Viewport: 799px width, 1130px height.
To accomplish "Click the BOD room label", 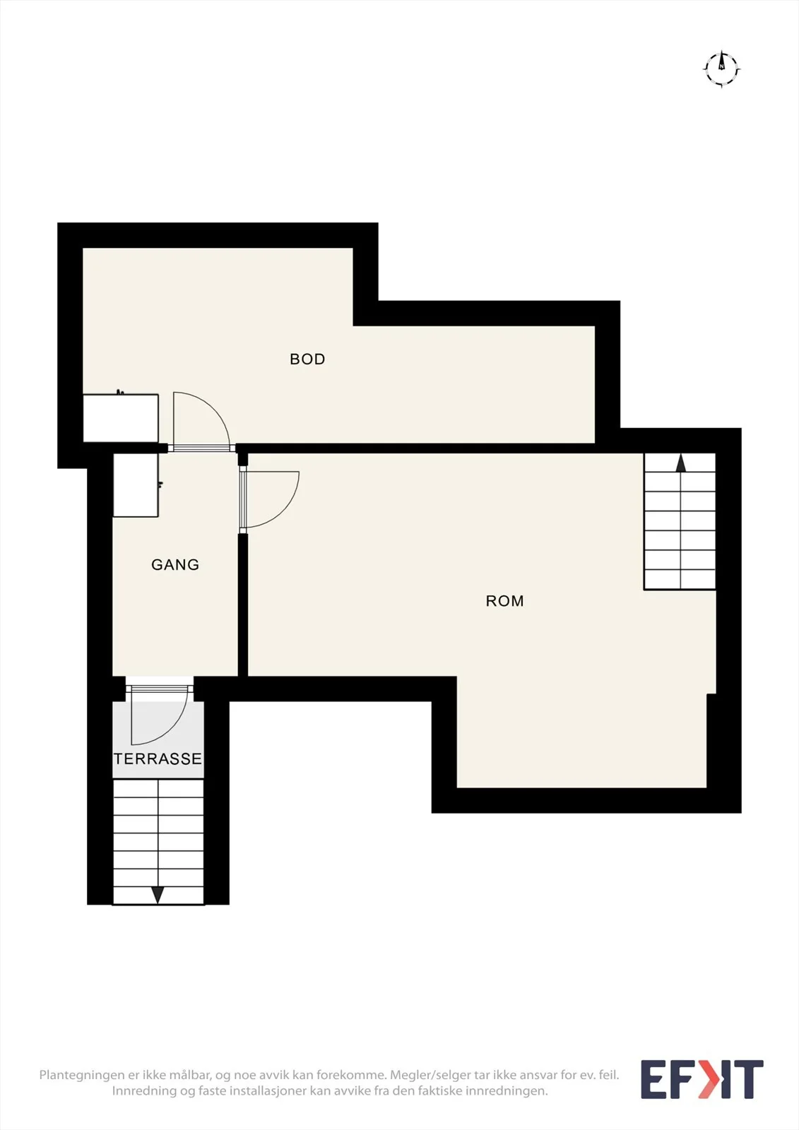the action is coord(307,359).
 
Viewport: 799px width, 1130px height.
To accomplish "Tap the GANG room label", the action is coord(175,564).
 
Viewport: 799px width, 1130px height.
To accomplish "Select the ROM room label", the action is coord(504,601).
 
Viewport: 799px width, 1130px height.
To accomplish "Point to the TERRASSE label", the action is coord(158,759).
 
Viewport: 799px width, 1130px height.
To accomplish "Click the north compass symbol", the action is coord(722,69).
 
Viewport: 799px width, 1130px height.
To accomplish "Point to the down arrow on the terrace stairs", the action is coord(158,894).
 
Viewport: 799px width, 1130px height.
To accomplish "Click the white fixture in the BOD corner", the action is coord(121,418).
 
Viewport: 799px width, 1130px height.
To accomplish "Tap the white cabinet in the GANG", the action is coord(136,485).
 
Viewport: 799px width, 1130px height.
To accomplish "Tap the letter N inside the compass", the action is coord(722,66).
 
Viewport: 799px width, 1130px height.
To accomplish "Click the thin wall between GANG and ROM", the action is coord(243,605).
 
